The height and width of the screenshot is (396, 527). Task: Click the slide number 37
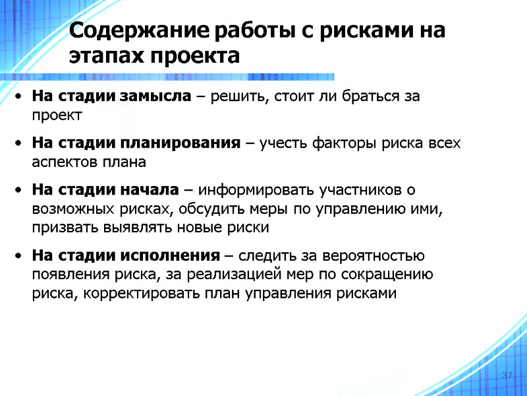pos(507,376)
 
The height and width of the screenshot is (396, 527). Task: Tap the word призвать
pos(61,228)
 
